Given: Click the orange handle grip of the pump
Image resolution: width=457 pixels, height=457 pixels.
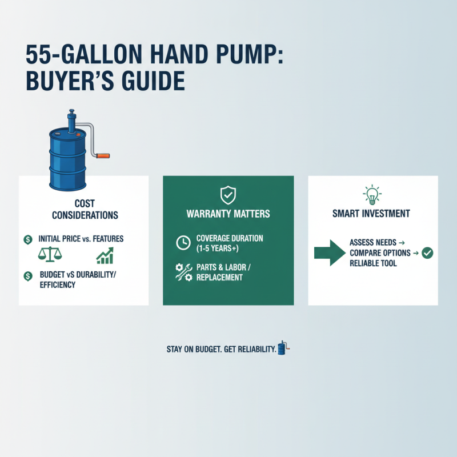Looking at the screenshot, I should tap(103, 154).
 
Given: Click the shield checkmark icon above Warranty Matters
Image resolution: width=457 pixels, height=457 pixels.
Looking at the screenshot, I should tap(228, 196).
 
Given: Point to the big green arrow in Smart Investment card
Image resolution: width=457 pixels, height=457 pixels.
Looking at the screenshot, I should tap(331, 251).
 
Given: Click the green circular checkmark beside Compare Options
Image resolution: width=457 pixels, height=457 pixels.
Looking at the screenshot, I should tap(427, 253).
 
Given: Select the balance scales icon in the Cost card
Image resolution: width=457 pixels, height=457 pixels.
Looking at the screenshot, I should tap(49, 255).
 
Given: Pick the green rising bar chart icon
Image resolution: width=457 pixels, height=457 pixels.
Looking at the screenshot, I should tap(105, 255).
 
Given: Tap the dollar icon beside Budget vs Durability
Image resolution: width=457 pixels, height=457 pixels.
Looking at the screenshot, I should tap(27, 276).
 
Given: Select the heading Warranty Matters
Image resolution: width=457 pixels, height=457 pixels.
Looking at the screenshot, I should tap(228, 215).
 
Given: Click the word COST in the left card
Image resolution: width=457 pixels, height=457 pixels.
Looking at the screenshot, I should tap(85, 203).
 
